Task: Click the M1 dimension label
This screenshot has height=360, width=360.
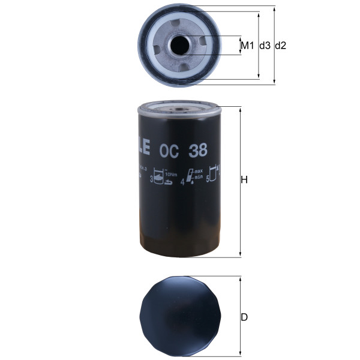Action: [247, 46]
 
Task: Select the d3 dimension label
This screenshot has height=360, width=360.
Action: [264, 46]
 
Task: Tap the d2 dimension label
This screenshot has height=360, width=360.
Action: [280, 46]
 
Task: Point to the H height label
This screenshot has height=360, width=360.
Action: [244, 180]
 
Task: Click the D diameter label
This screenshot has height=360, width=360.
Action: [244, 317]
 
